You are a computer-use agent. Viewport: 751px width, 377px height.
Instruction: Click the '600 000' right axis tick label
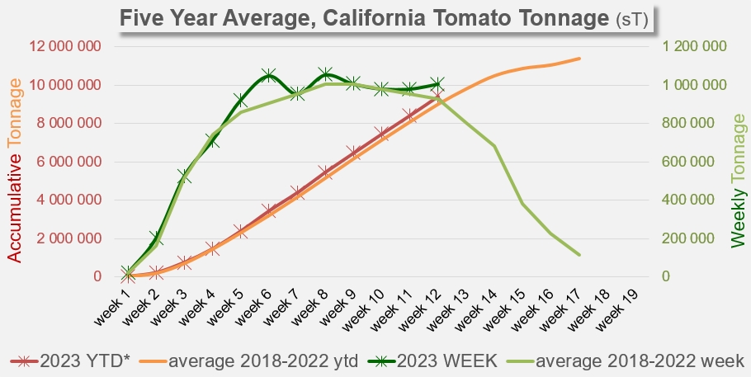tap(698, 162)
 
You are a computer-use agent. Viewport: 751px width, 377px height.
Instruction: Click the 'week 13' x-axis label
tap(446, 309)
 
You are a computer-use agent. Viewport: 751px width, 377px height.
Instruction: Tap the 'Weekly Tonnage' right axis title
tap(737, 181)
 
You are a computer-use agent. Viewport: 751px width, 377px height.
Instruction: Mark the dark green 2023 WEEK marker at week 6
tap(268, 76)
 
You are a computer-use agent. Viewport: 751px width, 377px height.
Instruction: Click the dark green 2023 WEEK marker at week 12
tap(437, 83)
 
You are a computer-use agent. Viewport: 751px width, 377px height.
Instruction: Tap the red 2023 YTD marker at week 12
tap(437, 97)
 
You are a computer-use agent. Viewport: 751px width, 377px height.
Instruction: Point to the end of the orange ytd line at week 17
tap(579, 59)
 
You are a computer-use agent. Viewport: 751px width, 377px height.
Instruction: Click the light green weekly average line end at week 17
tap(579, 255)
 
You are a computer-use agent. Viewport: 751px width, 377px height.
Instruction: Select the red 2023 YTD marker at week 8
tap(325, 172)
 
